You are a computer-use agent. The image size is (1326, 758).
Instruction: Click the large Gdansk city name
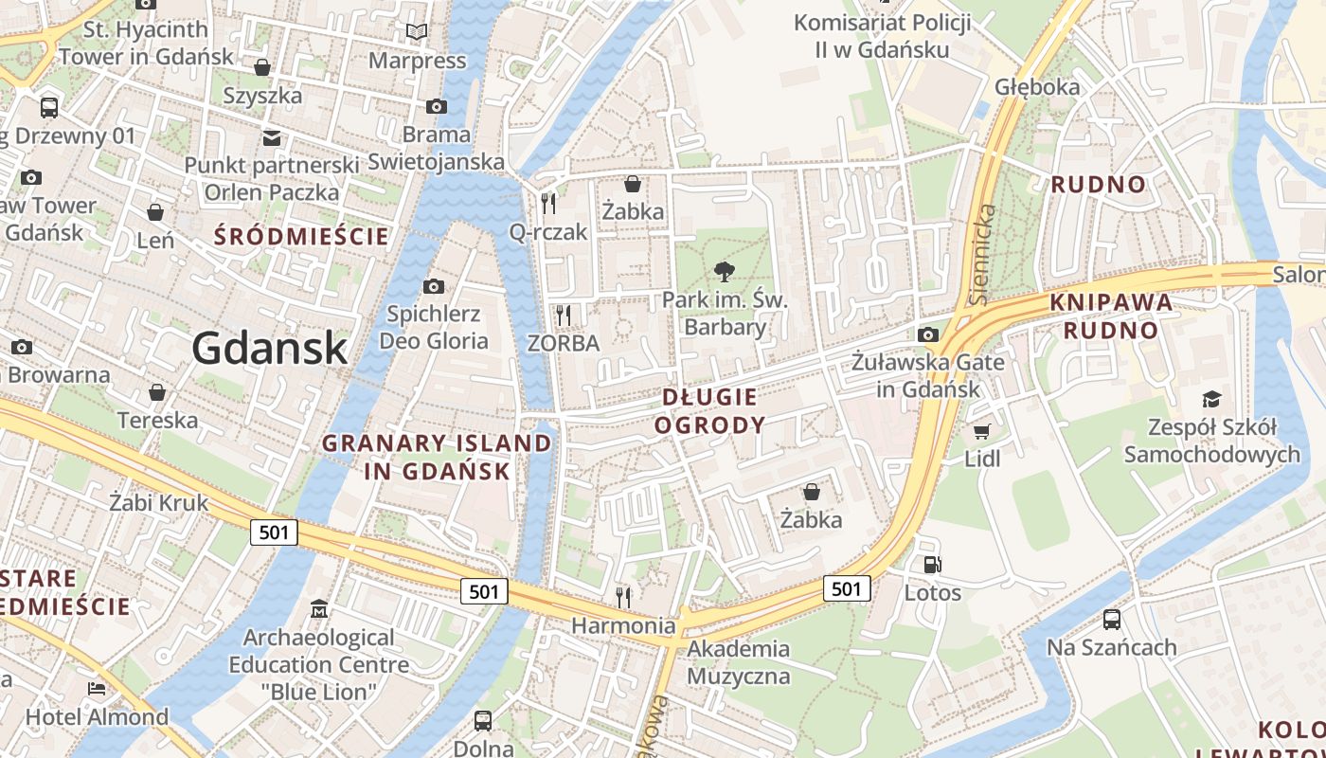tap(270, 349)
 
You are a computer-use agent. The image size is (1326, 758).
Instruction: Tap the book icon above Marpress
tap(417, 32)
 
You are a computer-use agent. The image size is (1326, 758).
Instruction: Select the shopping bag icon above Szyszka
tap(262, 67)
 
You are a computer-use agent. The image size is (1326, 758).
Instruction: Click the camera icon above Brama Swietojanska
tap(436, 106)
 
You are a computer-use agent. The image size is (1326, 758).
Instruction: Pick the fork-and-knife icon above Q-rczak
tap(548, 202)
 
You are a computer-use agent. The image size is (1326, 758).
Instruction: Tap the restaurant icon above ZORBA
tap(564, 314)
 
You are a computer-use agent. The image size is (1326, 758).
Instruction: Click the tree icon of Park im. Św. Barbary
tap(725, 273)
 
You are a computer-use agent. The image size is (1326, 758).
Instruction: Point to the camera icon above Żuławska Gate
tap(928, 334)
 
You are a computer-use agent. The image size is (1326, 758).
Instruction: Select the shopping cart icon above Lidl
tap(981, 432)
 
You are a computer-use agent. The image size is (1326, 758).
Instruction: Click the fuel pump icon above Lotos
tap(933, 565)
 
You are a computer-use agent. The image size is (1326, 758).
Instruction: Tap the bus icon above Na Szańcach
tap(1112, 620)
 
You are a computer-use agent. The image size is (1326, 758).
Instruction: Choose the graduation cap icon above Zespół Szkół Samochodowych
tap(1211, 399)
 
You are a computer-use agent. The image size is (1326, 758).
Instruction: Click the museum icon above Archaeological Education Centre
tap(319, 608)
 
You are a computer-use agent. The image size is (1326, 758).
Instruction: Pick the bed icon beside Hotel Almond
tap(97, 688)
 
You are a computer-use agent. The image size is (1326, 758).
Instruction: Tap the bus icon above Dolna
tap(483, 720)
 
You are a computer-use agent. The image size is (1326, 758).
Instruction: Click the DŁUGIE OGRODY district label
tap(709, 410)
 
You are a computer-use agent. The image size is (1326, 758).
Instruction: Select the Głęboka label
tap(1037, 87)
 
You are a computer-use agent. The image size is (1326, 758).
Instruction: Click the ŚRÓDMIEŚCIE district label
tap(301, 236)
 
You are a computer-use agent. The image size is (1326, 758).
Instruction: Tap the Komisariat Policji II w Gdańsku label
tap(882, 36)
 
